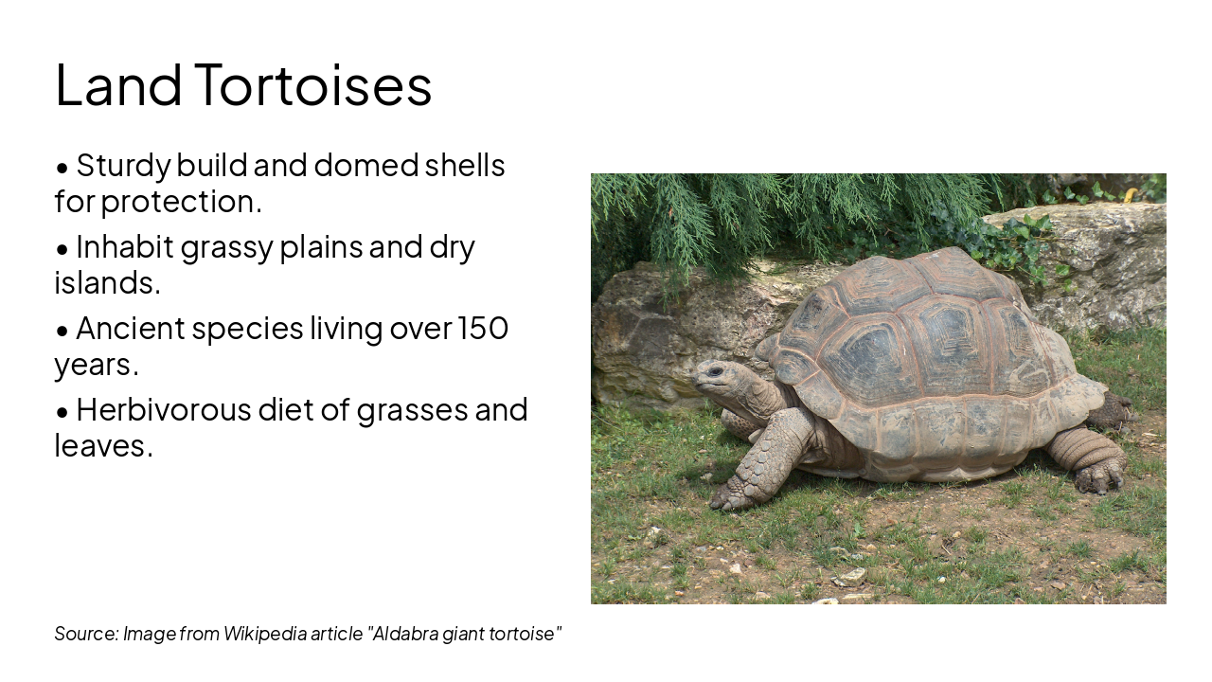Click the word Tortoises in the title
313,84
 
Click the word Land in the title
118,84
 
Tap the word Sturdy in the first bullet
123,166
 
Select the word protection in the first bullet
180,202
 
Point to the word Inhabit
124,247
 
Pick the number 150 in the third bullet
483,329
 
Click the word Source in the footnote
85,634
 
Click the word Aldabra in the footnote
405,634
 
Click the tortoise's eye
715,371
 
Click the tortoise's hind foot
1098,476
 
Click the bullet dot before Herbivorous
62,412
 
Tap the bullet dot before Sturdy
62,168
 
